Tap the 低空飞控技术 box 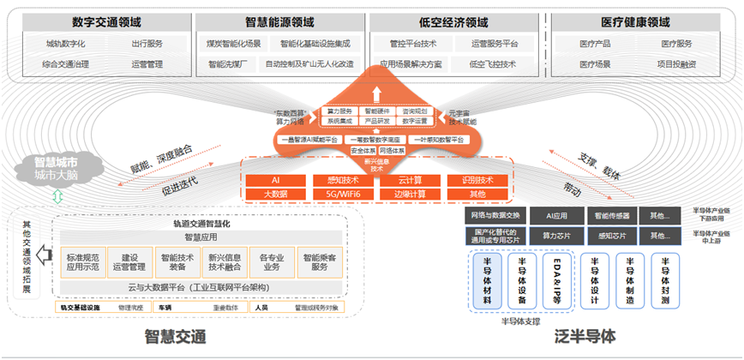tap(494, 64)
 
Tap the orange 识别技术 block tap(476, 180)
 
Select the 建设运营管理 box tap(131, 262)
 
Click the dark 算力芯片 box tap(557, 235)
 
